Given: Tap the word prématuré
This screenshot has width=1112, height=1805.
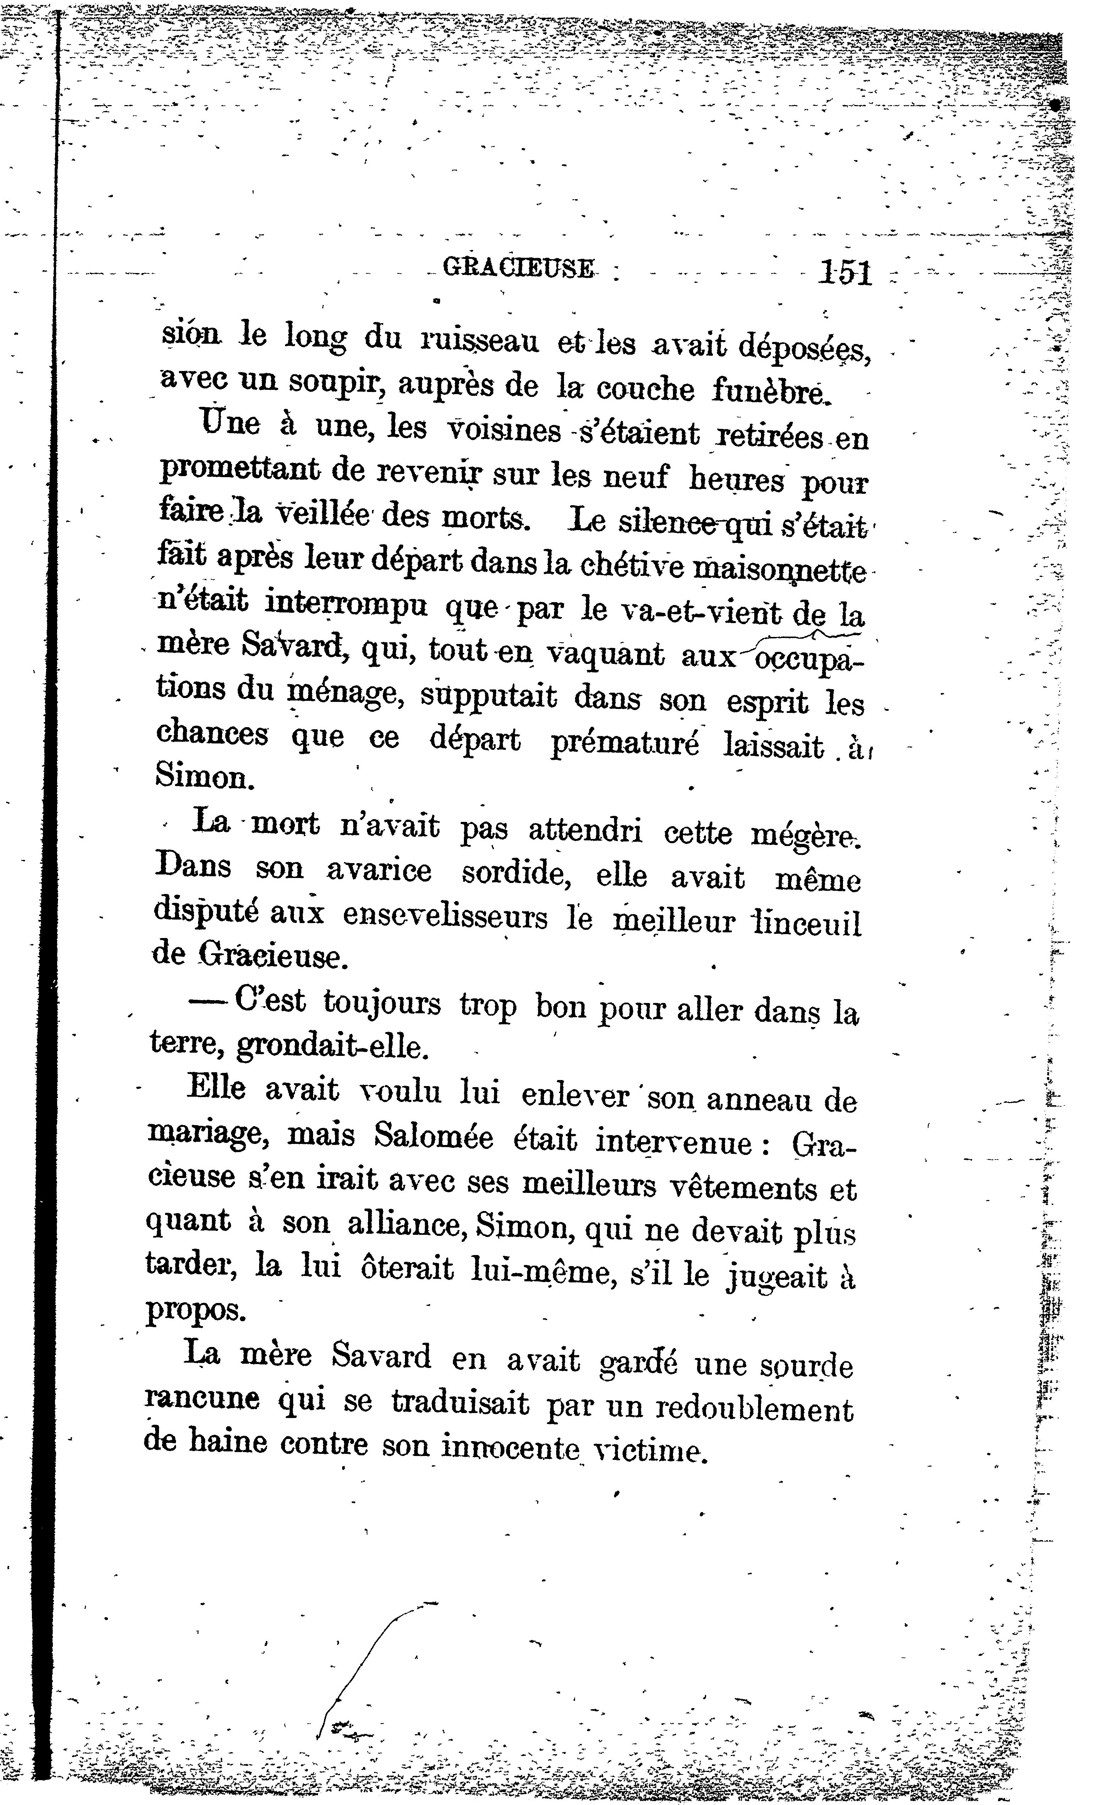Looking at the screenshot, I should pyautogui.click(x=624, y=743).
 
